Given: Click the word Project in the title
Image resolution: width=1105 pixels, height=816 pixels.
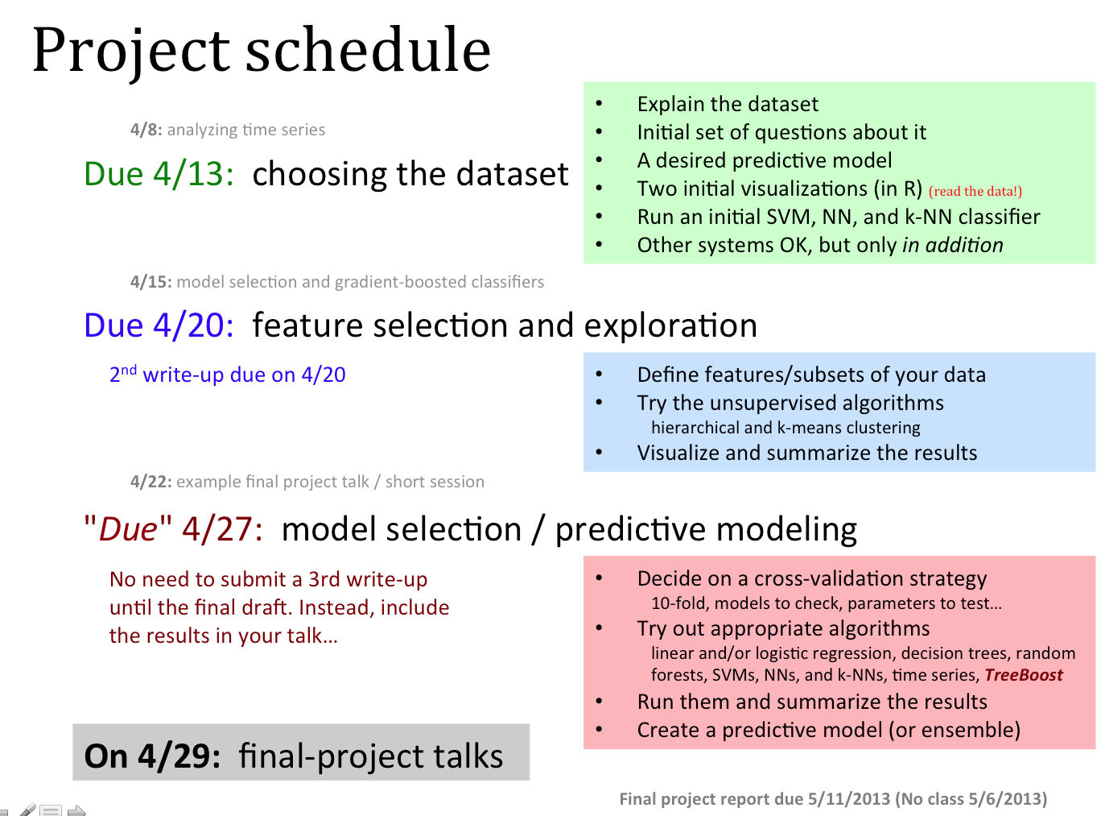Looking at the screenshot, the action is coord(131,52).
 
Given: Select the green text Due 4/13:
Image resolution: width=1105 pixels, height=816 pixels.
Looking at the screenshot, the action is coord(159,174).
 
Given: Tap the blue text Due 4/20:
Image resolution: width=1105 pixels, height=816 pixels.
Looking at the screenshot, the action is coord(159,325).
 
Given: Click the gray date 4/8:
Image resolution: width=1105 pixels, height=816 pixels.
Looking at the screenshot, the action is coord(146,130).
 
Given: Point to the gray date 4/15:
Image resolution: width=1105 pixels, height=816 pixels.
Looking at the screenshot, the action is coord(151,282).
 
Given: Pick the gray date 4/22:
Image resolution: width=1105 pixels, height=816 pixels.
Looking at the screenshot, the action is coord(151,482).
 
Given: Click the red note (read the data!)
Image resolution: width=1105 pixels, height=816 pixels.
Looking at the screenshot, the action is coord(975,192).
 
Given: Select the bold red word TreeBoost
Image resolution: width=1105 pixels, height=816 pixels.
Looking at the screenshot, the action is coord(1023,675).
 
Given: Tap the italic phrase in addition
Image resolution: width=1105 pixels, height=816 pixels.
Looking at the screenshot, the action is coord(953,245).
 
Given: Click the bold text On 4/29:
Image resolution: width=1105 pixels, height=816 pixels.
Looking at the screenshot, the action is coord(152,756).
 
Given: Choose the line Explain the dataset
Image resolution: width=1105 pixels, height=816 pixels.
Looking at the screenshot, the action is coord(728,104).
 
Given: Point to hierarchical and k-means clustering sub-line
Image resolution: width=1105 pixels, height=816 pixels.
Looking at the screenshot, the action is coord(785,428).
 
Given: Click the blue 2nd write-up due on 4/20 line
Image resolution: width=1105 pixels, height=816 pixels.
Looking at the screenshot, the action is coord(227,374).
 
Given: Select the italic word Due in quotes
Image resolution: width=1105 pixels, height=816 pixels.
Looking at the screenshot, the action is coord(128,528).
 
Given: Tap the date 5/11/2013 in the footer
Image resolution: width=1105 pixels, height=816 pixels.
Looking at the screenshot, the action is coord(848,798).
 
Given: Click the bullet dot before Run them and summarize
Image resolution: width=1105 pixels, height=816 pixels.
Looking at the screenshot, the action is coord(599,702).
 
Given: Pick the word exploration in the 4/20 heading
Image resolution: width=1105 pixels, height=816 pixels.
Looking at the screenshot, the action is coord(670,326).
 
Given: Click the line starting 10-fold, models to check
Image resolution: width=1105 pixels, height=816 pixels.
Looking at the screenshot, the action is coord(826,603).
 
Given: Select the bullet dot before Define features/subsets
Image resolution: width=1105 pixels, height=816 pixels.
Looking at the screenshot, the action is coord(599,374).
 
